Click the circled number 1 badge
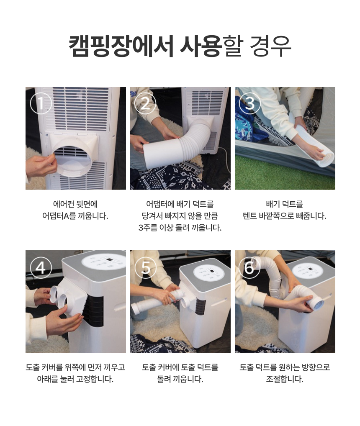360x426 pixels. (x=41, y=103)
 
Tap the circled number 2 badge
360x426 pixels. (x=146, y=103)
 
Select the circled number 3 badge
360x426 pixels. (x=250, y=103)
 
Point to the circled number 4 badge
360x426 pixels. (x=41, y=267)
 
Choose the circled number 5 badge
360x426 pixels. (x=146, y=267)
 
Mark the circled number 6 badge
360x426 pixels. (x=249, y=267)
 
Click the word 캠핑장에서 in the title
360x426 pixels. (x=121, y=46)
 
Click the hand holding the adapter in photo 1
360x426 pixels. (x=40, y=165)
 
